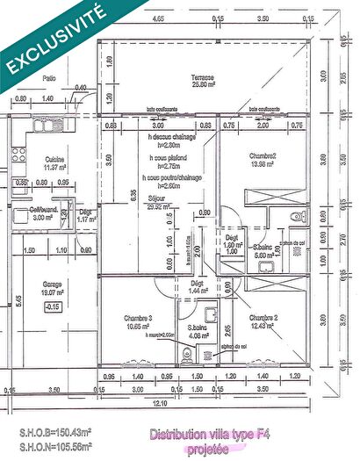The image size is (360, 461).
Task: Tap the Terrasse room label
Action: click(205, 77)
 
